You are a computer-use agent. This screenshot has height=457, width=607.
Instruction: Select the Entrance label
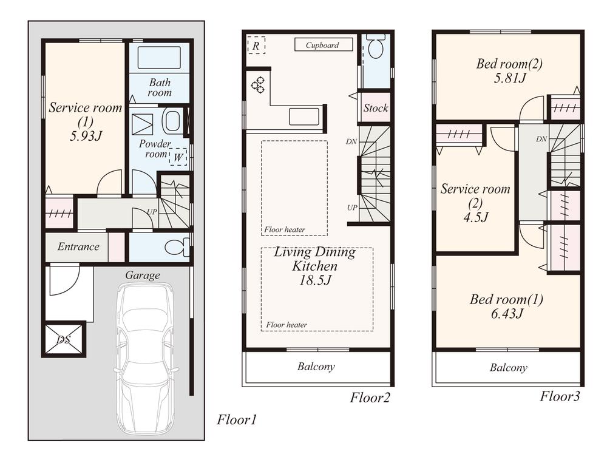click(78, 246)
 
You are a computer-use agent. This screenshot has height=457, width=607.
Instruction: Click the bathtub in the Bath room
click(159, 58)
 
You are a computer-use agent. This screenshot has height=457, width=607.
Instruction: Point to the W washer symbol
click(178, 157)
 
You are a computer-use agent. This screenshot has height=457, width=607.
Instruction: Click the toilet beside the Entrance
click(177, 248)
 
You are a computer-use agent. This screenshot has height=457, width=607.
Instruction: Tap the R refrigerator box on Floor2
click(256, 46)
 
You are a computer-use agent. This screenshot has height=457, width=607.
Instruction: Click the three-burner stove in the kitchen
click(258, 84)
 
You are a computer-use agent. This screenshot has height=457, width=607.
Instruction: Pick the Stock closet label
click(375, 108)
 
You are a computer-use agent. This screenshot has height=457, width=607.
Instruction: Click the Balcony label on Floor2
click(316, 367)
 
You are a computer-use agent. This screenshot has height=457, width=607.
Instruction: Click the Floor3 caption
click(560, 397)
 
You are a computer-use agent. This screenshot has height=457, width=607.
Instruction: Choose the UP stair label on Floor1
click(152, 212)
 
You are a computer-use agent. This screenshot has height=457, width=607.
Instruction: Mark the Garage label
click(143, 275)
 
